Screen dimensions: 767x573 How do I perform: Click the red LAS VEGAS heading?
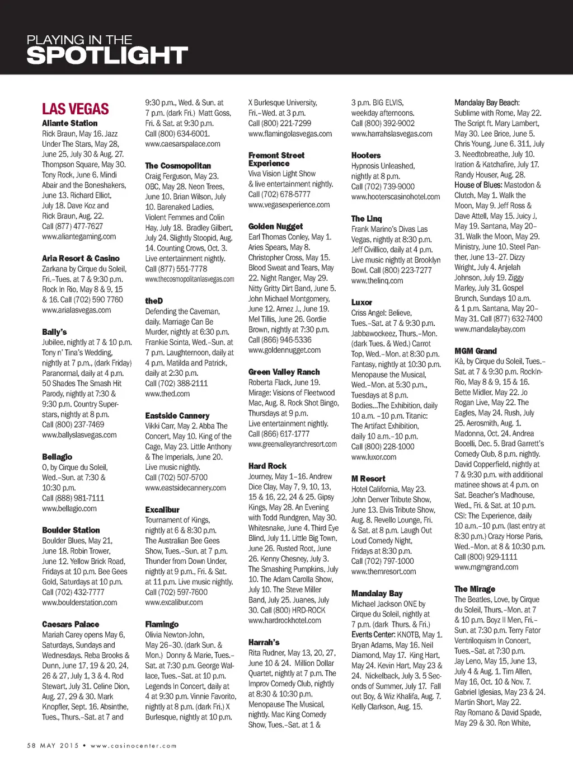click(x=75, y=109)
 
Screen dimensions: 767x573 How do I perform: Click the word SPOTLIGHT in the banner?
click(x=107, y=55)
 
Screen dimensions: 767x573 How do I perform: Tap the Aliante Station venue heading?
click(x=69, y=123)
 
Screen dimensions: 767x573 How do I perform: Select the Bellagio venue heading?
click(x=57, y=457)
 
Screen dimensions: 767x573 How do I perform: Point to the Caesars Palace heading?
click(x=71, y=624)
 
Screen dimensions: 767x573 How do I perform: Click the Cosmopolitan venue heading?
click(x=178, y=166)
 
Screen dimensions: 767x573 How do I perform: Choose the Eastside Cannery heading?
click(x=177, y=415)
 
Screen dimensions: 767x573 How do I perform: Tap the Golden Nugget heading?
click(x=275, y=227)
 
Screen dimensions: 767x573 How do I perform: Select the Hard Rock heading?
click(x=267, y=466)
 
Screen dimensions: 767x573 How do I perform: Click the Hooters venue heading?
click(x=366, y=156)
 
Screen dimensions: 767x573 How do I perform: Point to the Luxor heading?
click(x=361, y=302)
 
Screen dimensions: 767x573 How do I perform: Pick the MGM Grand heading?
click(x=476, y=351)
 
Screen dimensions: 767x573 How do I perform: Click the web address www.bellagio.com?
click(x=69, y=508)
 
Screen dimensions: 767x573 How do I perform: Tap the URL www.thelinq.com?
click(x=377, y=280)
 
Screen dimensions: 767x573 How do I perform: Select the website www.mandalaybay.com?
click(x=490, y=329)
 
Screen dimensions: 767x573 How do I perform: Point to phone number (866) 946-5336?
click(x=288, y=340)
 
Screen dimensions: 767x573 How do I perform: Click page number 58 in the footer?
click(x=31, y=746)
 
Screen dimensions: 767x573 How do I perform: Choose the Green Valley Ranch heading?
click(x=284, y=372)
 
